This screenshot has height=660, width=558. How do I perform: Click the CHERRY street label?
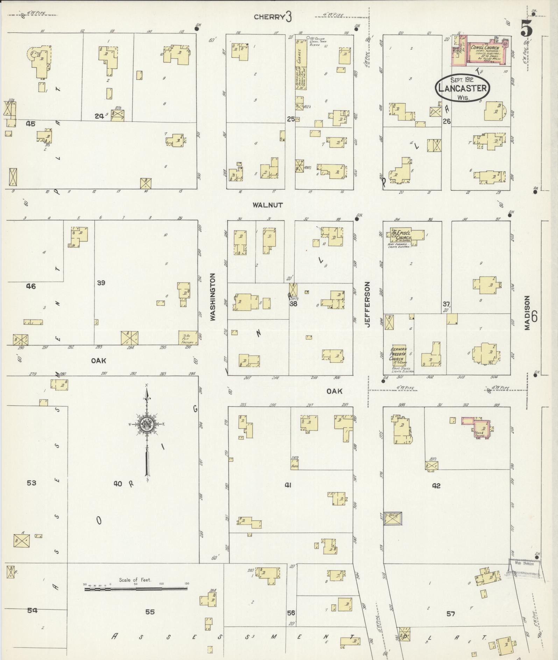pos(268,17)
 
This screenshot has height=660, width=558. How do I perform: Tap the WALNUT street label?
pos(268,205)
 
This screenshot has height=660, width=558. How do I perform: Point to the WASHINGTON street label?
pos(213,297)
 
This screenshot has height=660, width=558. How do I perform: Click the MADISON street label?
pos(527,313)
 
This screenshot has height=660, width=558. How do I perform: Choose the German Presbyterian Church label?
pos(398,354)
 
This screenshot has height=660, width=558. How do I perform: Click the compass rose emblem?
pos(147,424)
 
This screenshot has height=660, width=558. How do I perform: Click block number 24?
pos(99,116)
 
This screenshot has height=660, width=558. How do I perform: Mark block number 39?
pos(101,282)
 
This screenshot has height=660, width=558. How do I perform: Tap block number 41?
pos(288,485)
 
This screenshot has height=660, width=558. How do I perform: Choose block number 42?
pos(436,485)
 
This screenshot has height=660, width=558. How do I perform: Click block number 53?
pos(31,483)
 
